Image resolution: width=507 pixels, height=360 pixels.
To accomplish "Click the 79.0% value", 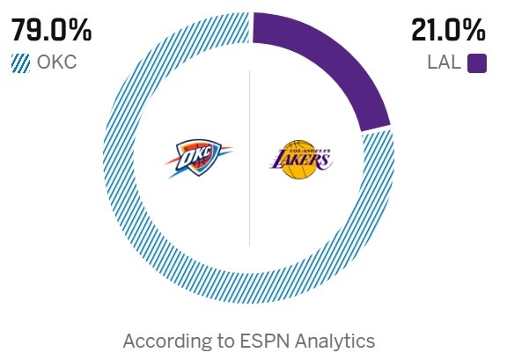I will pyautogui.click(x=51, y=31).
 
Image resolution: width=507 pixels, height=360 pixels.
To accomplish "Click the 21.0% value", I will pyautogui.click(x=448, y=31).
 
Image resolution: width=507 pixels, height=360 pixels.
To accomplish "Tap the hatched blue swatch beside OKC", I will pyautogui.click(x=20, y=64).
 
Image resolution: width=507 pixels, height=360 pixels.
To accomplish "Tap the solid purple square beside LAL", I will pyautogui.click(x=477, y=64).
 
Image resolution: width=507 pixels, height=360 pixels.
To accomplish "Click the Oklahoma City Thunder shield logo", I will pyautogui.click(x=198, y=158).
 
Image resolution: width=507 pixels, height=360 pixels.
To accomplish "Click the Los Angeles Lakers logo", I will pyautogui.click(x=301, y=158).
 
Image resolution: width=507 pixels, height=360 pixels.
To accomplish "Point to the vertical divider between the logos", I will pyautogui.click(x=250, y=158).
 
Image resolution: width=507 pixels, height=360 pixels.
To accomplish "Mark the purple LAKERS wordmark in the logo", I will pyautogui.click(x=301, y=161).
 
